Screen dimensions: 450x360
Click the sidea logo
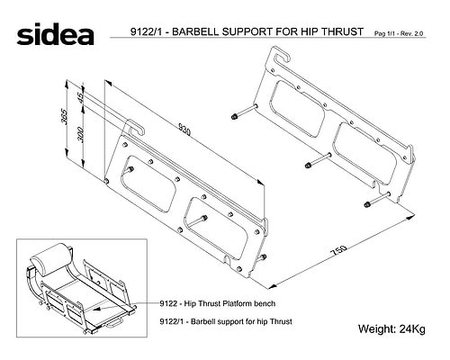point(55,34)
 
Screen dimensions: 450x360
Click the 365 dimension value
point(65,116)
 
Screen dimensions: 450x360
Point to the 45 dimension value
point(81,97)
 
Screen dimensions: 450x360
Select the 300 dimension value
point(81,134)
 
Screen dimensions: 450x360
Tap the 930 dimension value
point(184,129)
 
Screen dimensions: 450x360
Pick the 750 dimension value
point(338,251)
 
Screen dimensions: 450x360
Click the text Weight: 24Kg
point(391,328)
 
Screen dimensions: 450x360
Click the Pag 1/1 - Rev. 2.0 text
point(399,33)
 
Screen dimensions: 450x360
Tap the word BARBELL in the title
point(196,31)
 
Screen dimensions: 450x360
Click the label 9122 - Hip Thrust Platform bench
point(218,303)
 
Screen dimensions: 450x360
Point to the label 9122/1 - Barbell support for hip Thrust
point(226,321)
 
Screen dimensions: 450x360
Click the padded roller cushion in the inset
point(50,259)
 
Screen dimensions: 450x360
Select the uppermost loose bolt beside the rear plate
point(245,111)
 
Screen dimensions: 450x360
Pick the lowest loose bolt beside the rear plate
point(377,199)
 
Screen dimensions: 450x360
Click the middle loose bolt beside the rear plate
point(318,160)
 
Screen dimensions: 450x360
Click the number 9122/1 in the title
point(146,31)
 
